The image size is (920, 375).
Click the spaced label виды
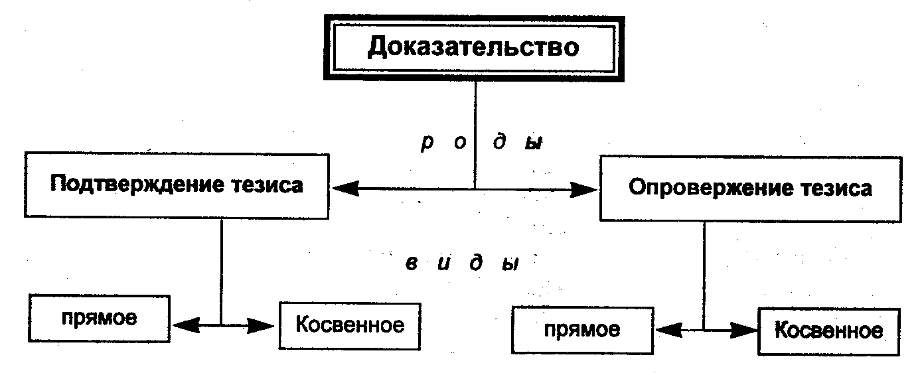point(462,263)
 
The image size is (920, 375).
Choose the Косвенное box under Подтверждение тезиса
point(350,325)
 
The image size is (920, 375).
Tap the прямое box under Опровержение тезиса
point(581,329)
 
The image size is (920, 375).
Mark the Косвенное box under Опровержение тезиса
point(829,330)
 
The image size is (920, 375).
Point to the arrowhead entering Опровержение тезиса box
point(585,189)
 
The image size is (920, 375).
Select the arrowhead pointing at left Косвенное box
point(263,325)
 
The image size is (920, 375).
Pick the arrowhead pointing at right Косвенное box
point(747,329)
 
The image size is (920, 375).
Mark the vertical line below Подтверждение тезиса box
point(222,265)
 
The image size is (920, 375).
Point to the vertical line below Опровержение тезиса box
point(704,272)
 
